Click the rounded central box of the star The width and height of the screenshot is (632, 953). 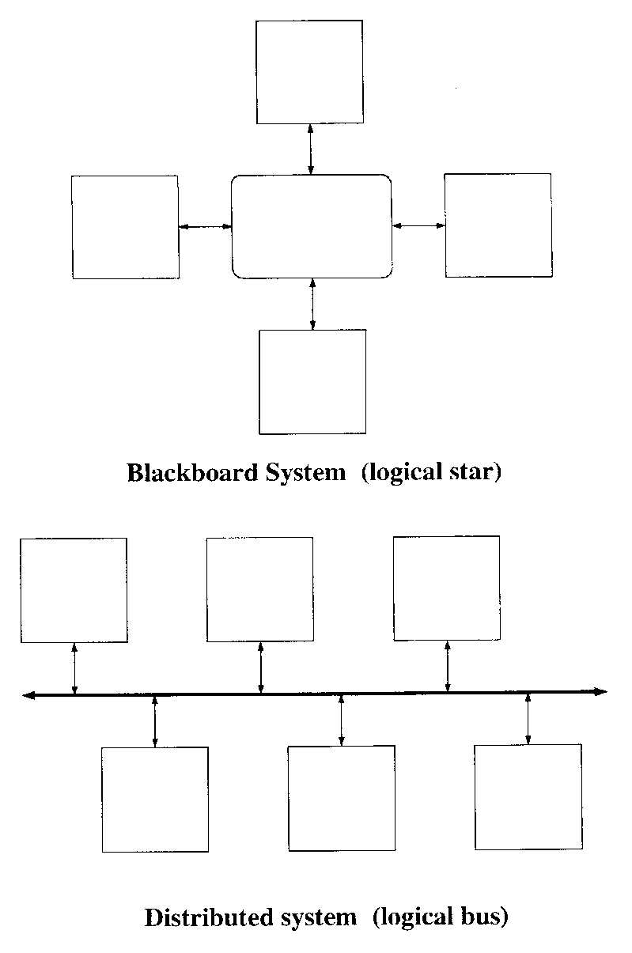pyautogui.click(x=312, y=226)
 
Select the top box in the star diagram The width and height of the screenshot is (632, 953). pyautogui.click(x=310, y=72)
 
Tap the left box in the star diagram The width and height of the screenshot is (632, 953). pyautogui.click(x=125, y=227)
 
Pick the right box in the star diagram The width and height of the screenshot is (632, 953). pyautogui.click(x=498, y=225)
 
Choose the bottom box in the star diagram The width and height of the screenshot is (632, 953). pyautogui.click(x=312, y=381)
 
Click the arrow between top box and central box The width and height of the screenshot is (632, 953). pyautogui.click(x=311, y=149)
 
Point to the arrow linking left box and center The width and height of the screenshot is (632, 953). pyautogui.click(x=205, y=227)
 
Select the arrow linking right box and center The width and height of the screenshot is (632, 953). pyautogui.click(x=418, y=225)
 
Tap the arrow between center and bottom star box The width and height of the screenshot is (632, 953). pyautogui.click(x=312, y=304)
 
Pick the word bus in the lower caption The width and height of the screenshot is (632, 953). pyautogui.click(x=483, y=917)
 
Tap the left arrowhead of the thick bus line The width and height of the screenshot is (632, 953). pyautogui.click(x=28, y=695)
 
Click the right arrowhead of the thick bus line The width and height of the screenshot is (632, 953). pyautogui.click(x=601, y=692)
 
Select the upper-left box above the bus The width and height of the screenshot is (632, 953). pyautogui.click(x=74, y=590)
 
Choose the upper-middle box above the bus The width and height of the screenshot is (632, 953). pyautogui.click(x=259, y=589)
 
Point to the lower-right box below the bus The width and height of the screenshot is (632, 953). pyautogui.click(x=528, y=796)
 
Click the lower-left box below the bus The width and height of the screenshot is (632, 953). pyautogui.click(x=155, y=799)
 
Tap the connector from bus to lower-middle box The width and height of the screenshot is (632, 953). pyautogui.click(x=341, y=720)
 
